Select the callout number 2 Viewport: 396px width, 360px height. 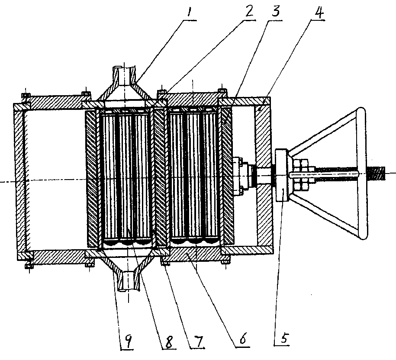click(x=250, y=11)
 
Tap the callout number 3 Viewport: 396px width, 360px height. click(x=276, y=11)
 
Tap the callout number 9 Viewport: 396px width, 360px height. click(x=128, y=341)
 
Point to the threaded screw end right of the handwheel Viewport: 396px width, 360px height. click(x=377, y=174)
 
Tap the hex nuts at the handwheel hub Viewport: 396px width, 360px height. click(x=300, y=174)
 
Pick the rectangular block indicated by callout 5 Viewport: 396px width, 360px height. click(x=281, y=175)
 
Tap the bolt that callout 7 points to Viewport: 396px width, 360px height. click(x=165, y=263)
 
